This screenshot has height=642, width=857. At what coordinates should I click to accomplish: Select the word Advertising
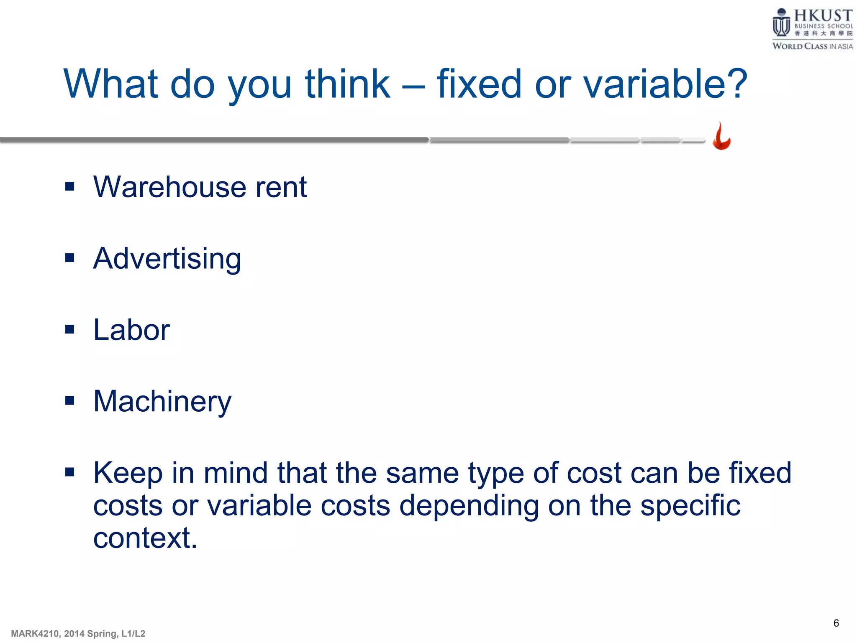click(x=167, y=259)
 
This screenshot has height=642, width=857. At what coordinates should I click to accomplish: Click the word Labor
click(x=131, y=330)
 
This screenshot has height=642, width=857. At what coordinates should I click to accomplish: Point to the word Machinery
click(x=162, y=402)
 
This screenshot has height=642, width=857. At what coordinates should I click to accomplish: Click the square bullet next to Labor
click(x=70, y=329)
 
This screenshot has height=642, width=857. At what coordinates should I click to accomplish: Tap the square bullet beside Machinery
click(x=70, y=401)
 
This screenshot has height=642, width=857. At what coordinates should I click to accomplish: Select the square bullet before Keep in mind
click(x=70, y=472)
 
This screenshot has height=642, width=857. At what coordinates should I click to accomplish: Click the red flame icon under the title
click(x=721, y=137)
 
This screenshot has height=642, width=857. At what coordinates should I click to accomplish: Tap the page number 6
click(x=836, y=623)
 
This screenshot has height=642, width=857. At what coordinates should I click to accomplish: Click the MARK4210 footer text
click(x=78, y=634)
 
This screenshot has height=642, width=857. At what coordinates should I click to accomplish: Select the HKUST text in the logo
click(x=823, y=15)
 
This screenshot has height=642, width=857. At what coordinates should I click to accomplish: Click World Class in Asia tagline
click(x=812, y=46)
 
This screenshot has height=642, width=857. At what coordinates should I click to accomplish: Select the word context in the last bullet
click(x=145, y=538)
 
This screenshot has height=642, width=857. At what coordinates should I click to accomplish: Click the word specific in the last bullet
click(x=690, y=505)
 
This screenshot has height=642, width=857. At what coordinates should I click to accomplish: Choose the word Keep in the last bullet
click(x=128, y=474)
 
